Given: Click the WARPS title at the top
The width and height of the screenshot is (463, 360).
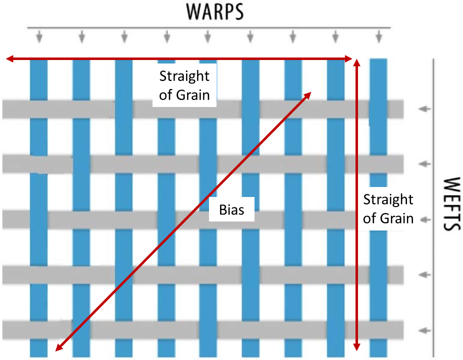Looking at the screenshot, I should tap(215, 11).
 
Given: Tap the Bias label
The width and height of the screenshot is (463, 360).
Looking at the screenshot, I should tap(231, 209).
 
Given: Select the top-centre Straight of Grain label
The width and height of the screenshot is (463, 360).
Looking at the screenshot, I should tap(184, 85).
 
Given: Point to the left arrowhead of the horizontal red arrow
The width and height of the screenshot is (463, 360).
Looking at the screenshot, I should tap(9, 59).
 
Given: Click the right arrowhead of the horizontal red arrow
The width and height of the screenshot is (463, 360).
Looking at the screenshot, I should tap(349, 59).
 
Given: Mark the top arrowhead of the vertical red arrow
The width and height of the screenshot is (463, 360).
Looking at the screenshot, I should tap(356, 62).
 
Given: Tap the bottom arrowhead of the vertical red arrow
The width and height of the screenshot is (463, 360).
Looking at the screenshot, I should tap(356, 347).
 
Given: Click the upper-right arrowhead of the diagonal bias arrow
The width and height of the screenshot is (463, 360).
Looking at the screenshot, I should tap(308, 94).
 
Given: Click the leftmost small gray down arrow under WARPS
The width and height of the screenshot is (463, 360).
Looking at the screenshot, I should tap(39, 36).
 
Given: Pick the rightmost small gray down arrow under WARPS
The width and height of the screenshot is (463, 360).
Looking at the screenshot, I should tap(379, 36).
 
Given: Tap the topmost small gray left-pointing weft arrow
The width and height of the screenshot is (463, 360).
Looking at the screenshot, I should tap(424, 108).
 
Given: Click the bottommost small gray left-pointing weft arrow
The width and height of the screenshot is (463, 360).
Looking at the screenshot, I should tap(424, 330).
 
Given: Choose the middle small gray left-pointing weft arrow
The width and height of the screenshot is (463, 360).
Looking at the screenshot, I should tap(424, 219).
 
